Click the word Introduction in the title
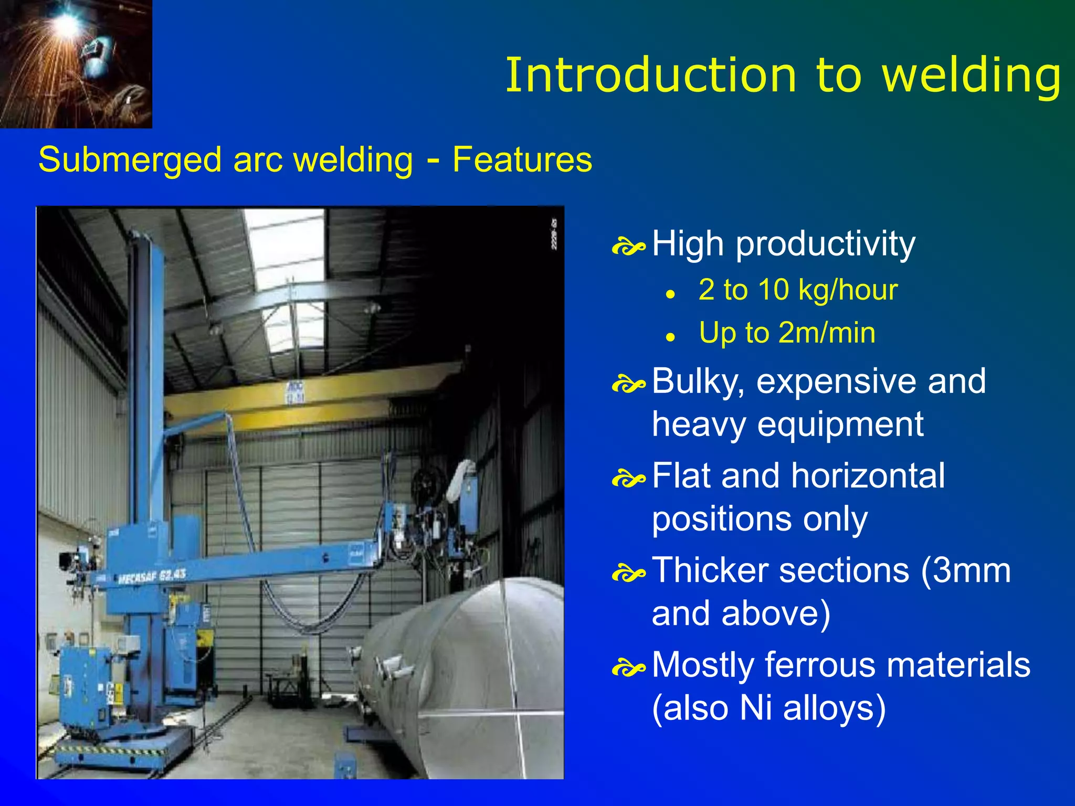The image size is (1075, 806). [651, 76]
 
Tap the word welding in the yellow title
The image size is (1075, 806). [971, 76]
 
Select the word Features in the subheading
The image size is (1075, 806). [522, 160]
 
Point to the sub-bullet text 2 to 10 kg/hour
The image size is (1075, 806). [798, 290]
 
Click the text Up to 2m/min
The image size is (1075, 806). [787, 333]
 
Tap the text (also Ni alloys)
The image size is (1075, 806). [768, 708]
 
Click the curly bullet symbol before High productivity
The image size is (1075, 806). [628, 247]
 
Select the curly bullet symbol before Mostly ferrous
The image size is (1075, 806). [628, 668]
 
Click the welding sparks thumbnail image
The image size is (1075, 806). [76, 63]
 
